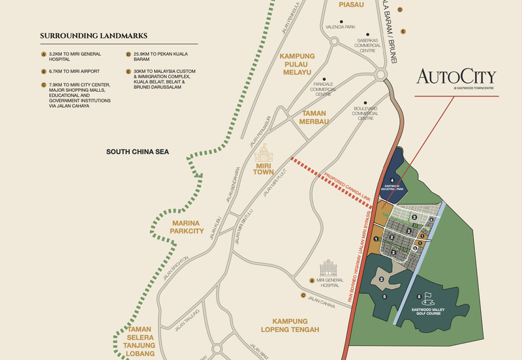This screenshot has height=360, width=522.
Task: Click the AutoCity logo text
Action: coord(456,76)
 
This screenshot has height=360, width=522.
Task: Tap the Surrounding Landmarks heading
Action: coord(93,35)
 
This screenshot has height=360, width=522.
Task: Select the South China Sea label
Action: coord(138,151)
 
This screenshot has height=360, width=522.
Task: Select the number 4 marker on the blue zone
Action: coord(392,179)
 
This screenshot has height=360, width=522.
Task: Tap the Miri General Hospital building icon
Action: coord(326,268)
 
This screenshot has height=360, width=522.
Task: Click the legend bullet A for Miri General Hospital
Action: coord(43,53)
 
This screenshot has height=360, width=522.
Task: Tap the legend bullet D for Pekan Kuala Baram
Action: coord(128,53)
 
